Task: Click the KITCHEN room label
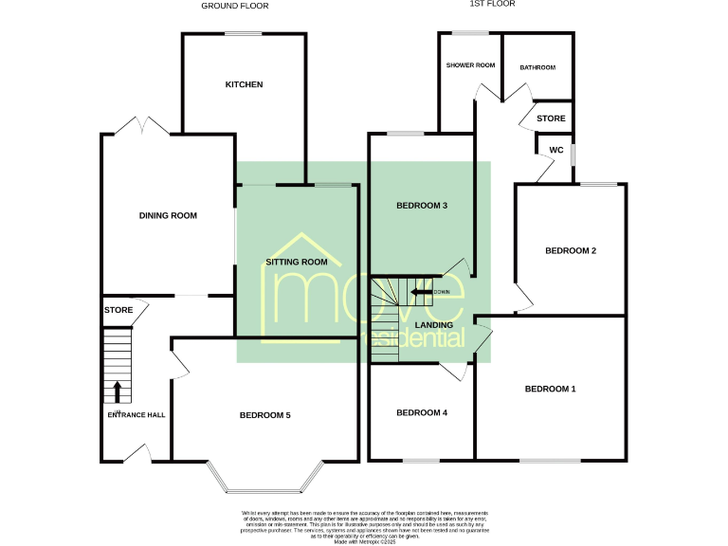click(x=244, y=85)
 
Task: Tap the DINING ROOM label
click(x=168, y=216)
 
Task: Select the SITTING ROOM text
click(x=297, y=262)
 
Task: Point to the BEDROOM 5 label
click(x=264, y=415)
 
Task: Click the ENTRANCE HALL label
click(x=136, y=414)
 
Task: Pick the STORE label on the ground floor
click(x=118, y=310)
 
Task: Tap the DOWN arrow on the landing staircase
click(x=424, y=292)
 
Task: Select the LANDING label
click(x=434, y=325)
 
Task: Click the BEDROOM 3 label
click(x=422, y=206)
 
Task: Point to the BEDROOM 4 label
click(x=422, y=412)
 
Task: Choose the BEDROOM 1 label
click(x=551, y=390)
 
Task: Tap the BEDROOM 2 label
click(x=571, y=251)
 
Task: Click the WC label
click(x=556, y=150)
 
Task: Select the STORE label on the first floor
click(x=551, y=118)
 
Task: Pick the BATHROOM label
click(x=537, y=68)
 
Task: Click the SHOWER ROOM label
click(x=471, y=65)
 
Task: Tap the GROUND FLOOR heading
click(x=235, y=6)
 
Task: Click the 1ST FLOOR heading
click(x=491, y=5)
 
